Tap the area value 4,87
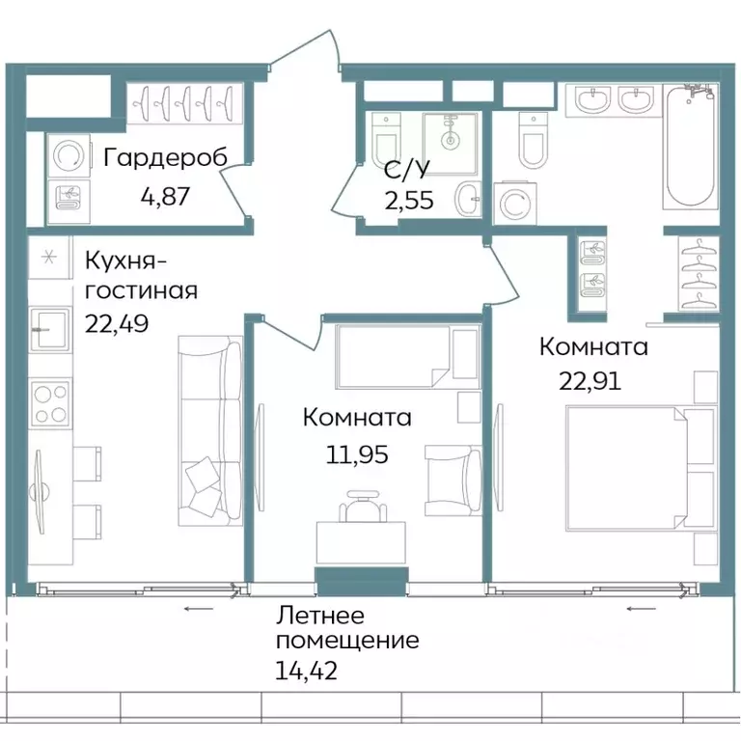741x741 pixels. (165, 198)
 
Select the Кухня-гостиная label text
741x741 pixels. (141, 276)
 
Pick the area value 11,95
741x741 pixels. (357, 453)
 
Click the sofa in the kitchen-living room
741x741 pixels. (210, 429)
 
